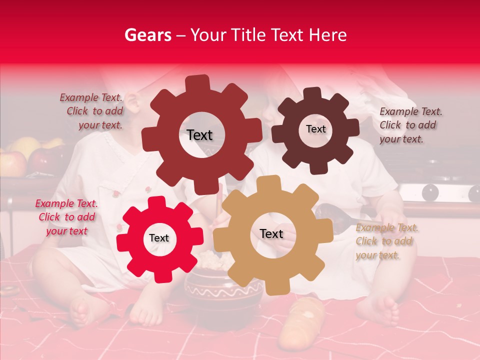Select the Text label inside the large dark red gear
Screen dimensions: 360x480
[199, 135]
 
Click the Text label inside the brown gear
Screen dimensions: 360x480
[315, 129]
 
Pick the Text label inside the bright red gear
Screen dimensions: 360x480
[159, 238]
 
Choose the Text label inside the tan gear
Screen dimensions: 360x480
[271, 233]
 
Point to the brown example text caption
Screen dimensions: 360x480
[410, 125]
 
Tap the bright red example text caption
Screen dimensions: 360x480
[66, 217]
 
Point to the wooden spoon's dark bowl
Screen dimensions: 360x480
[330, 214]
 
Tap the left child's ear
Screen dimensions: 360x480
[132, 102]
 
